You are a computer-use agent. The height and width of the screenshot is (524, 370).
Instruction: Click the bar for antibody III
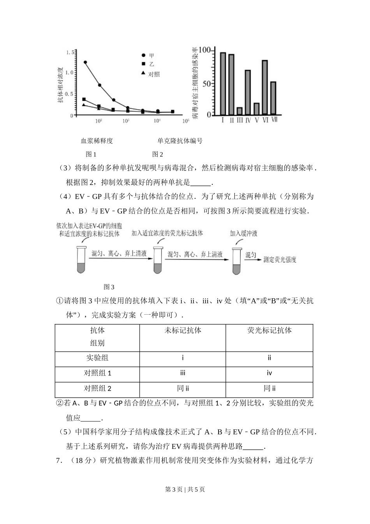[x=240, y=111]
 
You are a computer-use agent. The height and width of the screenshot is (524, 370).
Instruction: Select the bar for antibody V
[x=256, y=109]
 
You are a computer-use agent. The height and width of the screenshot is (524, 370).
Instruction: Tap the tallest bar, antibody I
[x=223, y=83]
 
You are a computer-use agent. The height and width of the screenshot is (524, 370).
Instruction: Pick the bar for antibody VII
[x=273, y=98]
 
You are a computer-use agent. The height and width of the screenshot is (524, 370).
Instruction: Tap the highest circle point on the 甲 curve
[x=85, y=62]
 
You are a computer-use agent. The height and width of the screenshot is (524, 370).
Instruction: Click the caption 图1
[x=91, y=154]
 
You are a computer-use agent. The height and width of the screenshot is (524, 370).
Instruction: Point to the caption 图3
[x=109, y=287]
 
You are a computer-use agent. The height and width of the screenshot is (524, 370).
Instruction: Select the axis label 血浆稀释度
[x=97, y=141]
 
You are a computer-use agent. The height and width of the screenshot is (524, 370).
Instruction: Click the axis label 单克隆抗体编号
[x=180, y=141]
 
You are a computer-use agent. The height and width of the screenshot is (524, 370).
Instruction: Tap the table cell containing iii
[x=183, y=373]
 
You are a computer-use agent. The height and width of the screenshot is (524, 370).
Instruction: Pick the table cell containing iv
[x=269, y=373]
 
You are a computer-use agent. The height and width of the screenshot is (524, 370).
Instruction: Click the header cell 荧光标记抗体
[x=269, y=330]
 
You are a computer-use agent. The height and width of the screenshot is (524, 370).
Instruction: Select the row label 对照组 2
[x=97, y=388]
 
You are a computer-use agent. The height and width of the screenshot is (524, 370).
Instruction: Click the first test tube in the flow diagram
[x=81, y=260]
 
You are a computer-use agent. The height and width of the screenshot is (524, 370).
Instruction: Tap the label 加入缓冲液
[x=243, y=234]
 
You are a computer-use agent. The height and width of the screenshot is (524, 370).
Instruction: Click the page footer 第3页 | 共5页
[x=185, y=489]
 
